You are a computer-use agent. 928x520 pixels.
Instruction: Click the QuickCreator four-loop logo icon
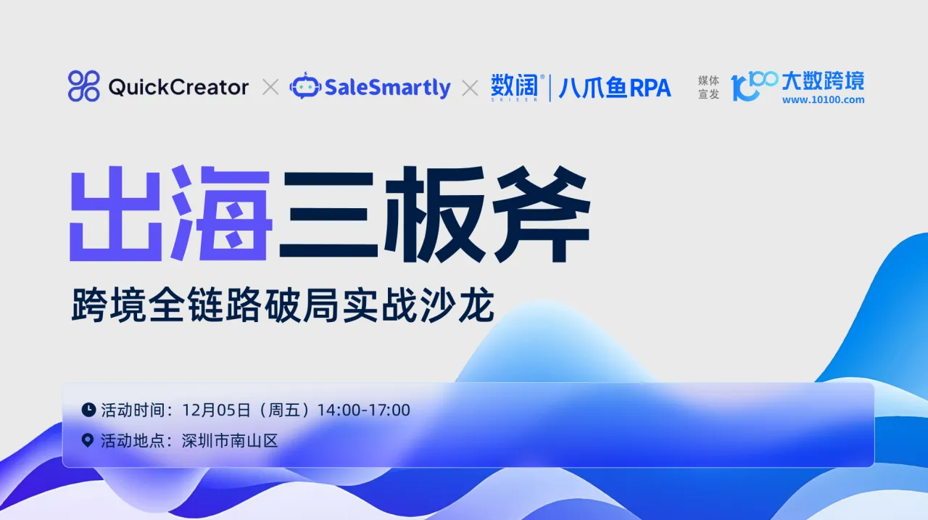pos(83,86)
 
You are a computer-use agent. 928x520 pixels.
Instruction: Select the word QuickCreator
pos(178,88)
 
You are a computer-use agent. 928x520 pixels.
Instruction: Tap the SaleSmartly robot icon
pos(304,86)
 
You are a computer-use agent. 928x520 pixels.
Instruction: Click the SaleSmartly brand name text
pos(388,88)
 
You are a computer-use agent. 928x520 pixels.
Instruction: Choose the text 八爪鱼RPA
pos(614,88)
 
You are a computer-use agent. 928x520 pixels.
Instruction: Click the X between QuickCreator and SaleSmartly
pos(270,88)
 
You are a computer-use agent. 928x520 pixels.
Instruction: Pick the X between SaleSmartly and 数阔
pos(470,88)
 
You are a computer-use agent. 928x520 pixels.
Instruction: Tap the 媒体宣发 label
pos(708,87)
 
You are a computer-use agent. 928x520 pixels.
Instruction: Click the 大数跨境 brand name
pos(823,81)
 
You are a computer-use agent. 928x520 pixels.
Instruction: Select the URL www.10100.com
pos(823,100)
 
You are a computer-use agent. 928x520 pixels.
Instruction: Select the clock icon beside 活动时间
pos(88,410)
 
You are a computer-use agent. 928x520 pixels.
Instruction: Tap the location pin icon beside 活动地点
pos(88,440)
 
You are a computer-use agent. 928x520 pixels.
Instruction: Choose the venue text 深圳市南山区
pos(230,440)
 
